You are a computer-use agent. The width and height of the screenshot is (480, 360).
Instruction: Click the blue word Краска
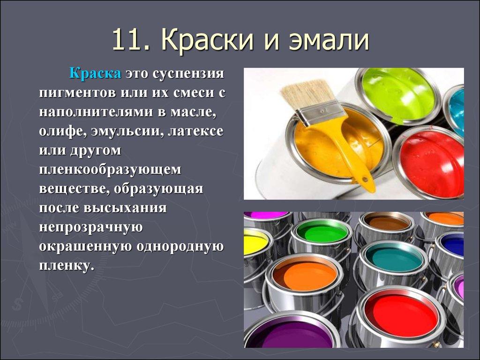[x=96, y=74]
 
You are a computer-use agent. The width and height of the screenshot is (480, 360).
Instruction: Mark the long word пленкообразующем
[x=110, y=170]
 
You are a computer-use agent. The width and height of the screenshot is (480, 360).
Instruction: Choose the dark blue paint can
[x=452, y=243]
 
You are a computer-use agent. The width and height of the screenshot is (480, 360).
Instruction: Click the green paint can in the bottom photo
[x=321, y=231]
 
